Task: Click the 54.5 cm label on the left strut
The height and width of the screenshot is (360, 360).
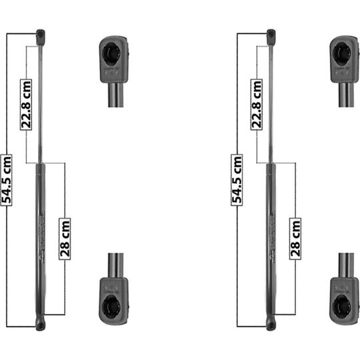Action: [x=7, y=179]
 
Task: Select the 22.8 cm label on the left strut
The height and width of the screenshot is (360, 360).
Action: [x=26, y=105]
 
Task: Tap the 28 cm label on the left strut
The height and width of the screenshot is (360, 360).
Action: [x=65, y=238]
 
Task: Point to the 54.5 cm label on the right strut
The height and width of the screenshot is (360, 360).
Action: [x=237, y=179]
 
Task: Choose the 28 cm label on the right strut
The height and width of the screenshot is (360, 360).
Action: [x=295, y=238]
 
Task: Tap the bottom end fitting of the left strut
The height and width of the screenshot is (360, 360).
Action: [x=41, y=323]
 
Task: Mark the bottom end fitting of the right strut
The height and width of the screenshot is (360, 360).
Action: [x=271, y=323]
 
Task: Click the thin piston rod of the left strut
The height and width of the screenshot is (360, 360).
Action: [x=40, y=100]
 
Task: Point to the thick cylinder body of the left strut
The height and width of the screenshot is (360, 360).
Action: [x=40, y=240]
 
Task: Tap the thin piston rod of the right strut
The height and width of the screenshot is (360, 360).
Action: [x=270, y=100]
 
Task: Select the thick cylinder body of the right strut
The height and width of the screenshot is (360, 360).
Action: [x=270, y=240]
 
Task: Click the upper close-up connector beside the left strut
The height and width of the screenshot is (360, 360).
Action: [x=114, y=60]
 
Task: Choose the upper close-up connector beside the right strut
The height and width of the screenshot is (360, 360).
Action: [x=344, y=60]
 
